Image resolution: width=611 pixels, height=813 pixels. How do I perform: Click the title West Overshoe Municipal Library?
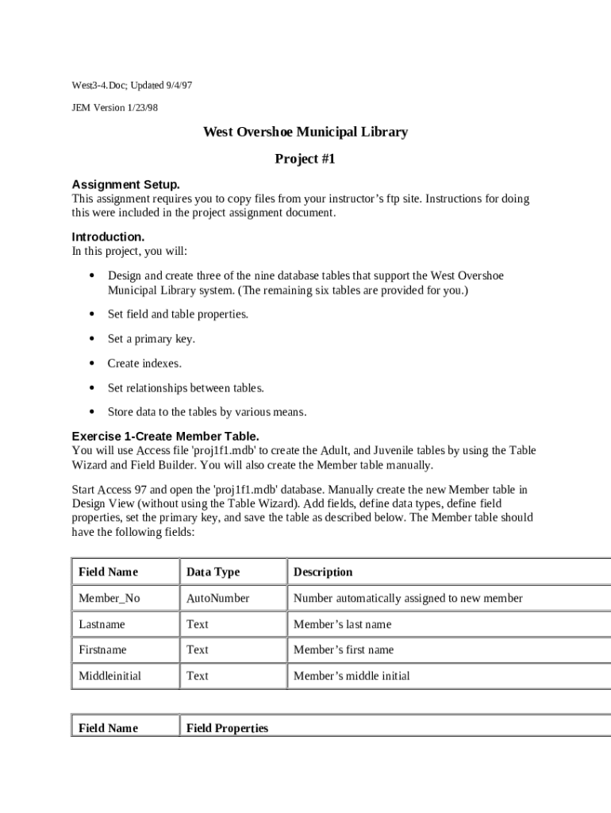(305, 132)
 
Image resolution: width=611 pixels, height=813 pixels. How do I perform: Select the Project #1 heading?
(305, 159)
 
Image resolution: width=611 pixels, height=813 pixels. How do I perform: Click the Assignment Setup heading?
(125, 184)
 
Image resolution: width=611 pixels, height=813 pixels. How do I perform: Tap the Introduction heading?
(108, 237)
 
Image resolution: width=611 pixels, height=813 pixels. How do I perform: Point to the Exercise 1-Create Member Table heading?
(165, 436)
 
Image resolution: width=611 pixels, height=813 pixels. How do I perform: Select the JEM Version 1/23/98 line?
(115, 108)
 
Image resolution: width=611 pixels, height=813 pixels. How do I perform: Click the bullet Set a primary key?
(151, 339)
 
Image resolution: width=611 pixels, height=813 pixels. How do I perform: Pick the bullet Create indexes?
(144, 364)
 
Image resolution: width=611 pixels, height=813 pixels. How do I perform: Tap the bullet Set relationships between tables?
(186, 388)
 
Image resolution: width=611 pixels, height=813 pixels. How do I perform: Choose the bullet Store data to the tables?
(206, 412)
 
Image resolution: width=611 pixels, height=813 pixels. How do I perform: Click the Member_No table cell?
(103, 598)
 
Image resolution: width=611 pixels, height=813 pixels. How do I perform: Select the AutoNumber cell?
(217, 598)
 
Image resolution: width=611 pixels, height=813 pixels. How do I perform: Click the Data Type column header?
(213, 572)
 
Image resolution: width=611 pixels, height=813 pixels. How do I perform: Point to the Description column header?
(323, 572)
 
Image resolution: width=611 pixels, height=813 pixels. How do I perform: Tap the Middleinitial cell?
(110, 676)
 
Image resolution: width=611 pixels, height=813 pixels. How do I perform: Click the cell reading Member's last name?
(342, 624)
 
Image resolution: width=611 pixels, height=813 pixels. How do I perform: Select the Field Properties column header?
(227, 728)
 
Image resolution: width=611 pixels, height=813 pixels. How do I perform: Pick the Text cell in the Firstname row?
(198, 649)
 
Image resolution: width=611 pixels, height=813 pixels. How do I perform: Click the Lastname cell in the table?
(102, 624)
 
